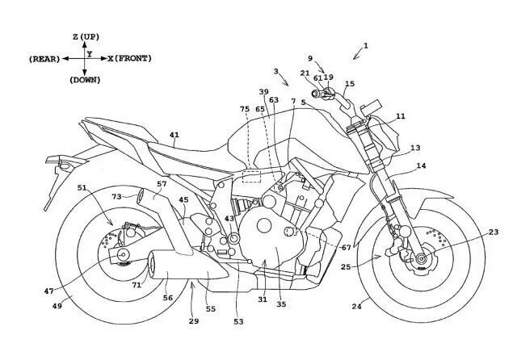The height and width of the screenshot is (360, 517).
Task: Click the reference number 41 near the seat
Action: tap(174, 136)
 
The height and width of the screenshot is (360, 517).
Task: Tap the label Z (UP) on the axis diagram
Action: tap(86, 37)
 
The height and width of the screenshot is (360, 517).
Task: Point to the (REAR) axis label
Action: tap(43, 59)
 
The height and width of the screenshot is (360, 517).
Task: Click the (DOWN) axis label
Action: tap(85, 80)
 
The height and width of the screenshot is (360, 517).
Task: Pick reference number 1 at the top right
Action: tap(365, 47)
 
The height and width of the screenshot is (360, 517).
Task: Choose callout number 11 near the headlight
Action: tap(401, 116)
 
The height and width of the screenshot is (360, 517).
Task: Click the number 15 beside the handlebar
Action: tap(349, 84)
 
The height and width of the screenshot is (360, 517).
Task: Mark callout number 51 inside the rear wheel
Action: tap(82, 189)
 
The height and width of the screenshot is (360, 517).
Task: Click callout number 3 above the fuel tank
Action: tap(275, 72)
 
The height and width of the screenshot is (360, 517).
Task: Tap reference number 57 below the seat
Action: tap(162, 185)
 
